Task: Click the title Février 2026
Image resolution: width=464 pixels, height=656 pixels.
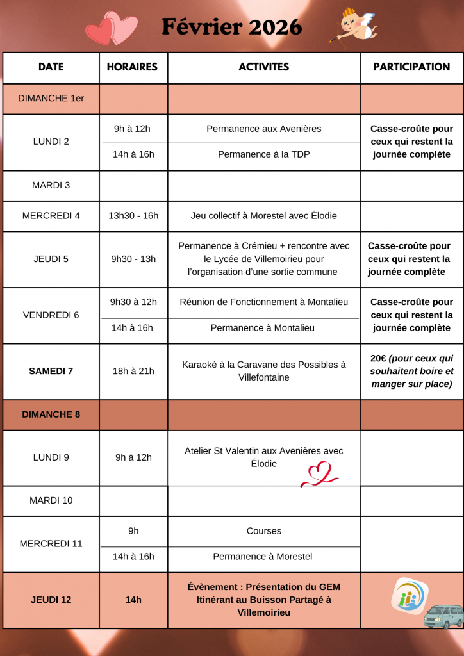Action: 231,27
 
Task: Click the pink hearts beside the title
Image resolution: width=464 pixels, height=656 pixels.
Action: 112,29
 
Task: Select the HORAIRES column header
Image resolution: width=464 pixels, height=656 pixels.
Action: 132,67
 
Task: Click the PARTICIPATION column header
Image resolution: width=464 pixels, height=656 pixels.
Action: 411,67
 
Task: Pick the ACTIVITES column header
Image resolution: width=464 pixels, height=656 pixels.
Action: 263,67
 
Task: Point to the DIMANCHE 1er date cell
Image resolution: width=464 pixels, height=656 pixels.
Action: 51,99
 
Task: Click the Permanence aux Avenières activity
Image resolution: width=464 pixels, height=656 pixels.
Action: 263,129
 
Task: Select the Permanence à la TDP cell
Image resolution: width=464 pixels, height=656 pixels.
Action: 263,154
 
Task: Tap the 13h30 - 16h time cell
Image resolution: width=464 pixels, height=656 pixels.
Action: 133,216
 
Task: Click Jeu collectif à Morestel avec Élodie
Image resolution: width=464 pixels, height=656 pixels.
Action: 263,216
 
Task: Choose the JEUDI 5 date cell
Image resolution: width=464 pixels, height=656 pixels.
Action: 51,259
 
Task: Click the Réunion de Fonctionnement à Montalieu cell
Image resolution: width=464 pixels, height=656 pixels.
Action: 263,302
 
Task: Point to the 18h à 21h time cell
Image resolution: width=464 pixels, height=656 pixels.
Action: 133,371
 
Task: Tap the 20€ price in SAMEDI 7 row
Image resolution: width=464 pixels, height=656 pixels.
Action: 378,358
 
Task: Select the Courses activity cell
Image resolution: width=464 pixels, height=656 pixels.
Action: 263,531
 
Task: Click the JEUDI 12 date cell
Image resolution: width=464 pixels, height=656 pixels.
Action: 51,600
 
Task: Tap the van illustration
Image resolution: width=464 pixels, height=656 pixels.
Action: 443,616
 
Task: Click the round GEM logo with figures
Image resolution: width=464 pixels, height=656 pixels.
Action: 409,596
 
